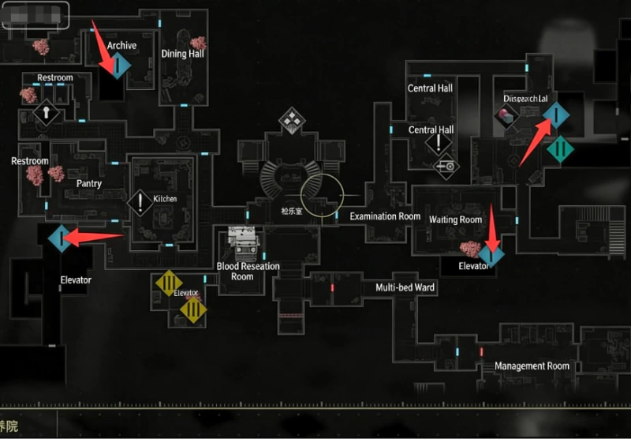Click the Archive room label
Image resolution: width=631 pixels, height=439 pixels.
click(x=121, y=45)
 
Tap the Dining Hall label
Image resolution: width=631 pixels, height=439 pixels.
click(x=182, y=54)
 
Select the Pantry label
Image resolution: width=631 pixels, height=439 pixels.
click(x=89, y=183)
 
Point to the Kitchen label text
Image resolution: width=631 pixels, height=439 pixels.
click(x=166, y=198)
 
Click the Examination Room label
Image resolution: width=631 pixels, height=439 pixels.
click(x=385, y=216)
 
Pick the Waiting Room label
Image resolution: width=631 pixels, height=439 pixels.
click(x=455, y=219)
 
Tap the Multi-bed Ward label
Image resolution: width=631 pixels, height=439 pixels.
click(x=405, y=287)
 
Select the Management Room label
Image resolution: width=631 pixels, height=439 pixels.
click(x=531, y=366)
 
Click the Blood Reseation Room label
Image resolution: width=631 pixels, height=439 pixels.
click(x=248, y=271)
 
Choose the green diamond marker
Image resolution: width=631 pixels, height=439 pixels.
click(x=560, y=148)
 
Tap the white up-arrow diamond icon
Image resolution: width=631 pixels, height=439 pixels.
click(x=47, y=113)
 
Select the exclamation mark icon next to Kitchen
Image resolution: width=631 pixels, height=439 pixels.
click(x=140, y=202)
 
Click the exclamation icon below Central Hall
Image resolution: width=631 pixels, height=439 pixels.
click(x=438, y=144)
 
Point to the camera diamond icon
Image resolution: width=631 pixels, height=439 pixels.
click(x=446, y=166)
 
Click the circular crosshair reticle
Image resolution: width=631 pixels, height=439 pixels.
click(x=322, y=194)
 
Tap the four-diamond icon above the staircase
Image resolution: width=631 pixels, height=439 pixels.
click(x=290, y=121)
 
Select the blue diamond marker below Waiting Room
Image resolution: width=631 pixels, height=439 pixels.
click(x=491, y=254)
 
